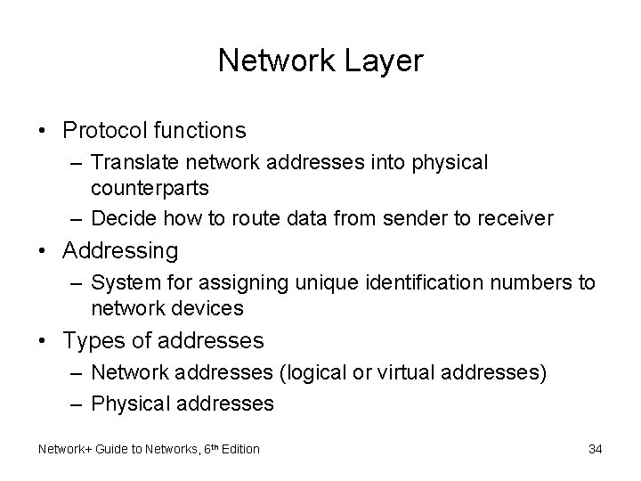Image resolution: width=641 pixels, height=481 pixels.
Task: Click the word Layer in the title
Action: (385, 61)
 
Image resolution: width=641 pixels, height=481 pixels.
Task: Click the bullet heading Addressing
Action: (120, 251)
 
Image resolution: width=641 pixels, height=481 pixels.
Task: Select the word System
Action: (119, 283)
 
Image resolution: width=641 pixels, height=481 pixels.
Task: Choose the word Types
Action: (96, 340)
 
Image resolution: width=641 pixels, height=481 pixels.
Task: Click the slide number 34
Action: (596, 449)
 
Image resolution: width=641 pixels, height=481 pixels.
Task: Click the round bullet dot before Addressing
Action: (44, 252)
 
